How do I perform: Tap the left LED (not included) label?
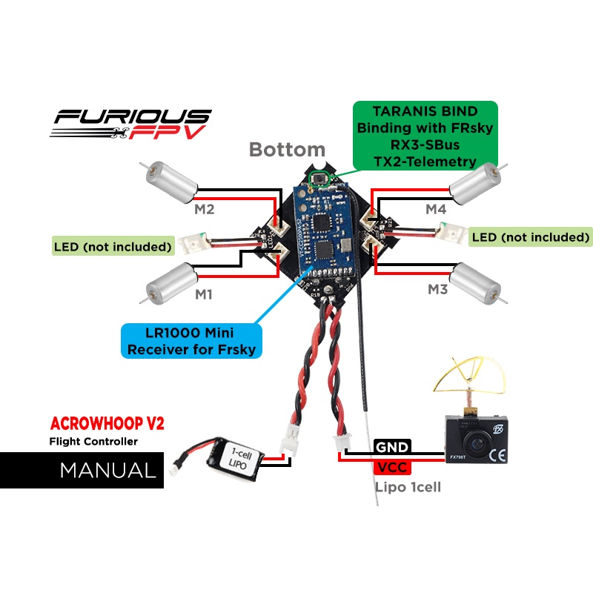click(x=113, y=245)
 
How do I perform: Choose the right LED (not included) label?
click(x=531, y=236)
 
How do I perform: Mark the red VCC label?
click(x=391, y=467)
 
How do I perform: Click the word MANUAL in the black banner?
click(x=107, y=471)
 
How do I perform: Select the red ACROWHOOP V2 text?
click(x=106, y=425)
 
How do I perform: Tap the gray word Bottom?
click(x=287, y=149)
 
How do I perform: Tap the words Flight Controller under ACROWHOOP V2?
click(x=93, y=442)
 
